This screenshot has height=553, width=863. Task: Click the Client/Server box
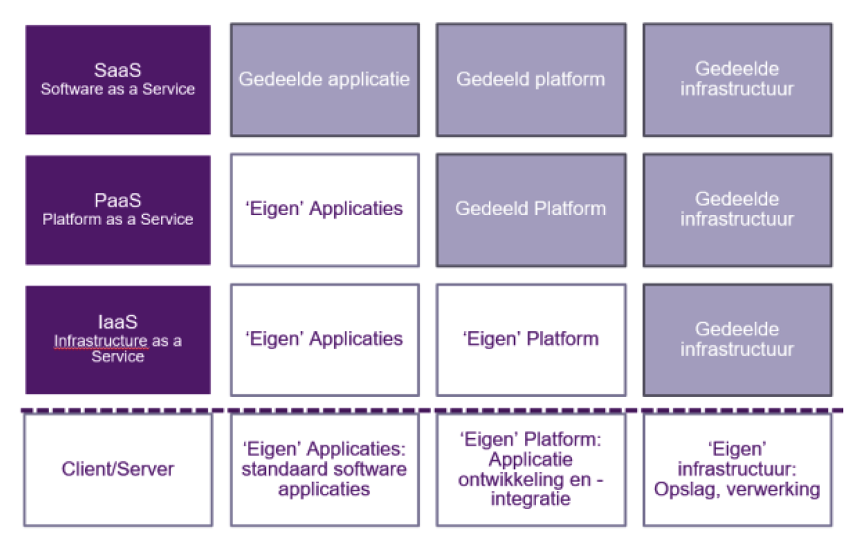click(118, 469)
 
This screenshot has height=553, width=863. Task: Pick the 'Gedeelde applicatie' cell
click(324, 80)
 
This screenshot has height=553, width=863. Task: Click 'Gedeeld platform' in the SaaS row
click(530, 80)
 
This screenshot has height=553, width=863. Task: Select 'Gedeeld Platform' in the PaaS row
click(530, 209)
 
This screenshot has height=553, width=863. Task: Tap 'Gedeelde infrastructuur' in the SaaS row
click(737, 80)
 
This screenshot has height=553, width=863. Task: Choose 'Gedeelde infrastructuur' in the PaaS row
click(737, 209)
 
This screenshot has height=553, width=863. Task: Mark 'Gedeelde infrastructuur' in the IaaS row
click(737, 339)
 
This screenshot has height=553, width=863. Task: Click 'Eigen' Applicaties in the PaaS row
click(324, 209)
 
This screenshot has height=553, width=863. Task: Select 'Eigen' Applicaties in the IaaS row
click(324, 339)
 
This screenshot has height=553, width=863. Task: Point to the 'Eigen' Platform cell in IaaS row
click(530, 339)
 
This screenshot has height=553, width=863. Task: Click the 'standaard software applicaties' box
click(324, 469)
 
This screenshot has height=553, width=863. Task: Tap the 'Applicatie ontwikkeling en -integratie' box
click(530, 469)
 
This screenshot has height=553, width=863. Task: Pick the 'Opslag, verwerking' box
click(737, 469)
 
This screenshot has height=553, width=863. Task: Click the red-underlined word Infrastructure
click(100, 341)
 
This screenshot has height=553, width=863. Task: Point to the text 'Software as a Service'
click(118, 90)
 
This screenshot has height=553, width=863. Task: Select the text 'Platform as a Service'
click(118, 220)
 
